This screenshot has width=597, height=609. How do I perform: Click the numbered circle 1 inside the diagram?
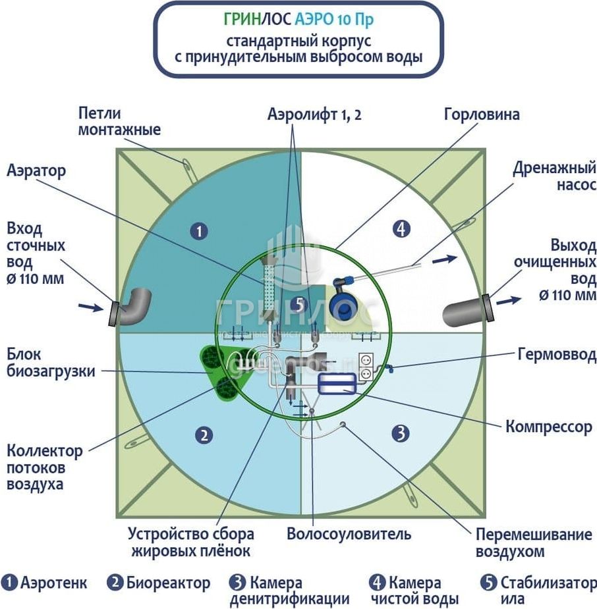pyautogui.click(x=198, y=230)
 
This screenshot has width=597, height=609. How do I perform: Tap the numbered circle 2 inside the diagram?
pyautogui.click(x=205, y=435)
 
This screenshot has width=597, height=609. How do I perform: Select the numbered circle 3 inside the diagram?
pyautogui.click(x=401, y=433)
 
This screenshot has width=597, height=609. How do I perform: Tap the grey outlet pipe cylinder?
pyautogui.click(x=465, y=309)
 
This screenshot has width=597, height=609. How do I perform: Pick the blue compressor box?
pyautogui.click(x=337, y=383)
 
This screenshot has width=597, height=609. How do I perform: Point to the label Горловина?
pyautogui.click(x=482, y=114)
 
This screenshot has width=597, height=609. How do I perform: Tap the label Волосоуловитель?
pyautogui.click(x=349, y=534)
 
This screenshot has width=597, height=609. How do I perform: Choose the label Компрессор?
pyautogui.click(x=549, y=427)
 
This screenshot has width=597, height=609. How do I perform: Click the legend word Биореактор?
pyautogui.click(x=168, y=583)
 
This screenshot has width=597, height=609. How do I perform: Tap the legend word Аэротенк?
pyautogui.click(x=53, y=583)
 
